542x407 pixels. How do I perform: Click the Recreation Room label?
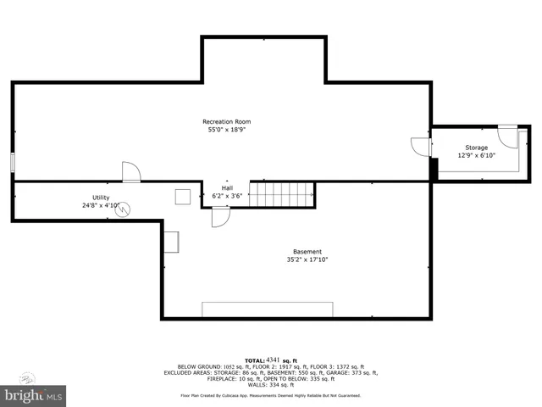(x=226, y=121)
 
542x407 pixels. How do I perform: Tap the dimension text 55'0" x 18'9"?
(x=226, y=130)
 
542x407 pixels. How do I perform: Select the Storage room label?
(x=475, y=148)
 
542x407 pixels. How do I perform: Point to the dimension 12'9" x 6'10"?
(x=475, y=155)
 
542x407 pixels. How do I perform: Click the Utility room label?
(x=101, y=198)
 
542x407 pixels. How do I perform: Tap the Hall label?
(x=227, y=188)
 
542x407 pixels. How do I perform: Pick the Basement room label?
(x=307, y=252)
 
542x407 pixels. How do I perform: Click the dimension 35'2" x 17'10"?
(x=307, y=260)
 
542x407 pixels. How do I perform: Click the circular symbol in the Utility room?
(x=124, y=207)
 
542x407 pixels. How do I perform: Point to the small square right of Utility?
(x=183, y=197)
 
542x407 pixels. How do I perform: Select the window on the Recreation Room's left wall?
(x=13, y=163)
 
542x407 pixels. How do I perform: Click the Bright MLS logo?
(x=34, y=394)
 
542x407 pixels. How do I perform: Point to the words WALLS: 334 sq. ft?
(x=270, y=384)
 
